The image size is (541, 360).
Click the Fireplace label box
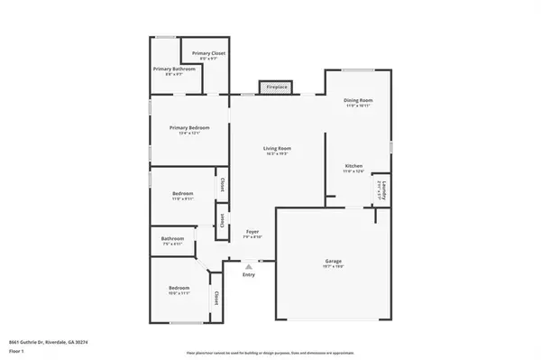[276, 88]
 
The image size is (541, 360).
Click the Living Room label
[277, 150]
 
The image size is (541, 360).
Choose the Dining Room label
[358, 102]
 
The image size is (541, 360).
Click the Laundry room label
[383, 190]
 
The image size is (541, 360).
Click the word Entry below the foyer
[249, 274]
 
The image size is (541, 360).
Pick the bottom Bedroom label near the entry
[179, 290]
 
